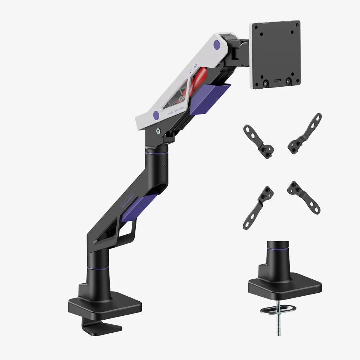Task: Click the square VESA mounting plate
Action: pyautogui.click(x=276, y=54)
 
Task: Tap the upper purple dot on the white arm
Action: pyautogui.click(x=217, y=45)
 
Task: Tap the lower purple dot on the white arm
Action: pyautogui.click(x=156, y=115)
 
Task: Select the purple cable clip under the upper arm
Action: pyautogui.click(x=209, y=98)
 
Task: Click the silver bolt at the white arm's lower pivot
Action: pyautogui.click(x=158, y=132)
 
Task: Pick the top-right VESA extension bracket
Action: pyautogui.click(x=305, y=134)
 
